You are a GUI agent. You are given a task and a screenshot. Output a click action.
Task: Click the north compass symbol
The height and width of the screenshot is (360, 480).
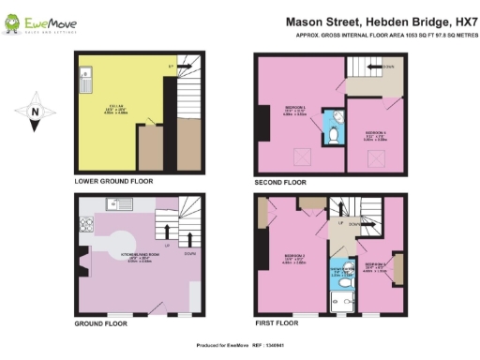coord(35,112)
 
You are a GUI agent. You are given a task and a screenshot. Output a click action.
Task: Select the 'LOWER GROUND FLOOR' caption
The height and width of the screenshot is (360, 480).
coord(113,180)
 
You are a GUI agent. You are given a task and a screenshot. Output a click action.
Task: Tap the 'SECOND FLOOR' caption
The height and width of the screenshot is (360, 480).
coord(281,181)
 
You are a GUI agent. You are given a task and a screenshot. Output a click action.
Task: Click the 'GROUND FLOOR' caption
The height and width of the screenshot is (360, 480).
coord(101,322)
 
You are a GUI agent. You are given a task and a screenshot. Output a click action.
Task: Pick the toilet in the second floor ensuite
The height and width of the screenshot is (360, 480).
coord(336,137)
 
